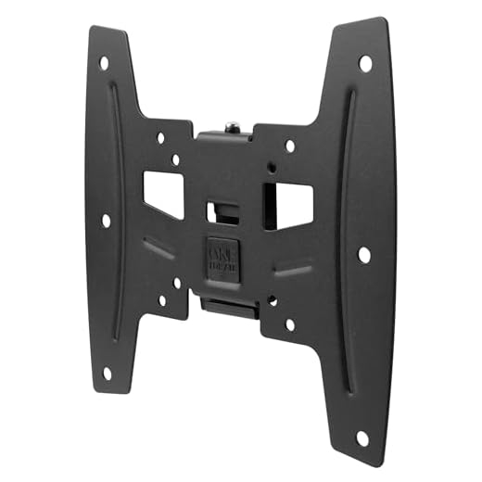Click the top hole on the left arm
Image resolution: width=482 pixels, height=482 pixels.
coord(104,64)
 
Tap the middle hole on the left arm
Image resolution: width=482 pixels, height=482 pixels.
coord(106,221)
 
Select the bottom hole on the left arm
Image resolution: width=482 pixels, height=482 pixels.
coord(106,374)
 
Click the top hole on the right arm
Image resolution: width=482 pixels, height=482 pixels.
coord(365,64)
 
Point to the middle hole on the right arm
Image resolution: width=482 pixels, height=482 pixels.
coord(364,254)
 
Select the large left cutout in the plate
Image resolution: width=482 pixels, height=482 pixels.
coord(163,192)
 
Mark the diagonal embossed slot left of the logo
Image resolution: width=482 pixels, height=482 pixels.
coord(159,251)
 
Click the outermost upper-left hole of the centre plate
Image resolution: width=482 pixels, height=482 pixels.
coord(160,137)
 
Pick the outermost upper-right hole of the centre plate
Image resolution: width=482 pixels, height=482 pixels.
coord(290,146)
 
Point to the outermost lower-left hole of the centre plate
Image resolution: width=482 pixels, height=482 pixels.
coord(161,300)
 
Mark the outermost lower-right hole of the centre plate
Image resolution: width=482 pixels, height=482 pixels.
coord(290,324)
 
